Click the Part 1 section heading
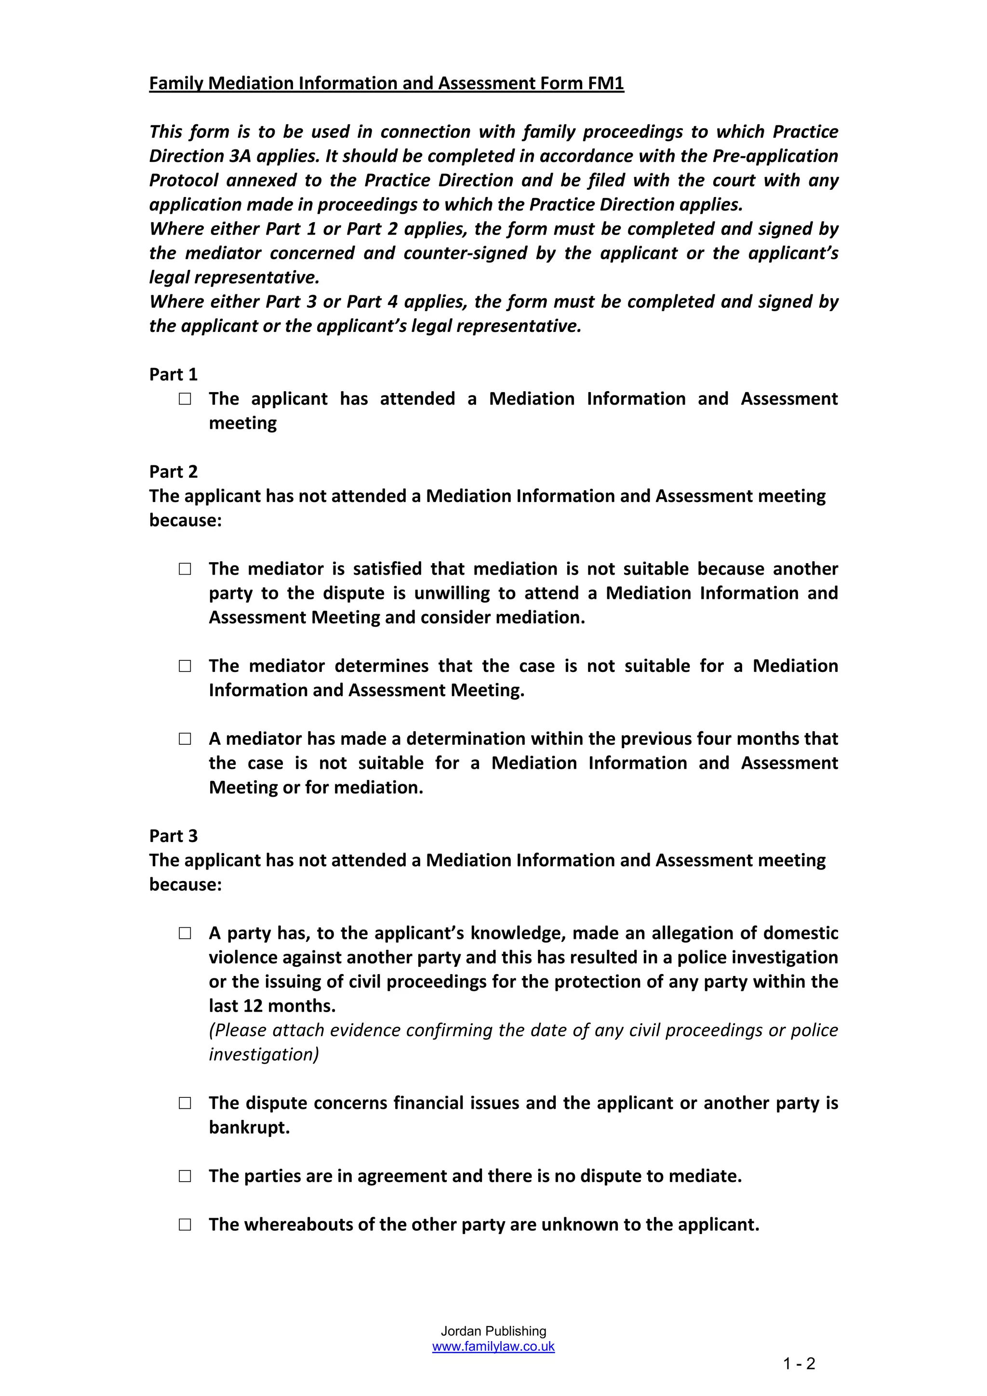coord(173,375)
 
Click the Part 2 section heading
coord(173,472)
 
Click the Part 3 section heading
coord(173,836)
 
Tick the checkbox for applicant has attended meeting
coord(185,399)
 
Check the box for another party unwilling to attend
coord(185,569)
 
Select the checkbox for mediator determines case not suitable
coord(185,666)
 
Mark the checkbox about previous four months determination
coord(185,739)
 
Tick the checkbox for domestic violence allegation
coord(185,933)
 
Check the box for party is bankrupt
coord(185,1104)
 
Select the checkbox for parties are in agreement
coord(185,1176)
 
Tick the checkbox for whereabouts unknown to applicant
coord(185,1225)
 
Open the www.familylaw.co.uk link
coord(493,1347)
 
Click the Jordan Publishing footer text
coord(493,1331)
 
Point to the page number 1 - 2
coord(799,1364)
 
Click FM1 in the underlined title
coord(606,83)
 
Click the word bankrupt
coord(249,1128)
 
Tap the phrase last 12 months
coord(272,1006)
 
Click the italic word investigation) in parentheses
coord(263,1055)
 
